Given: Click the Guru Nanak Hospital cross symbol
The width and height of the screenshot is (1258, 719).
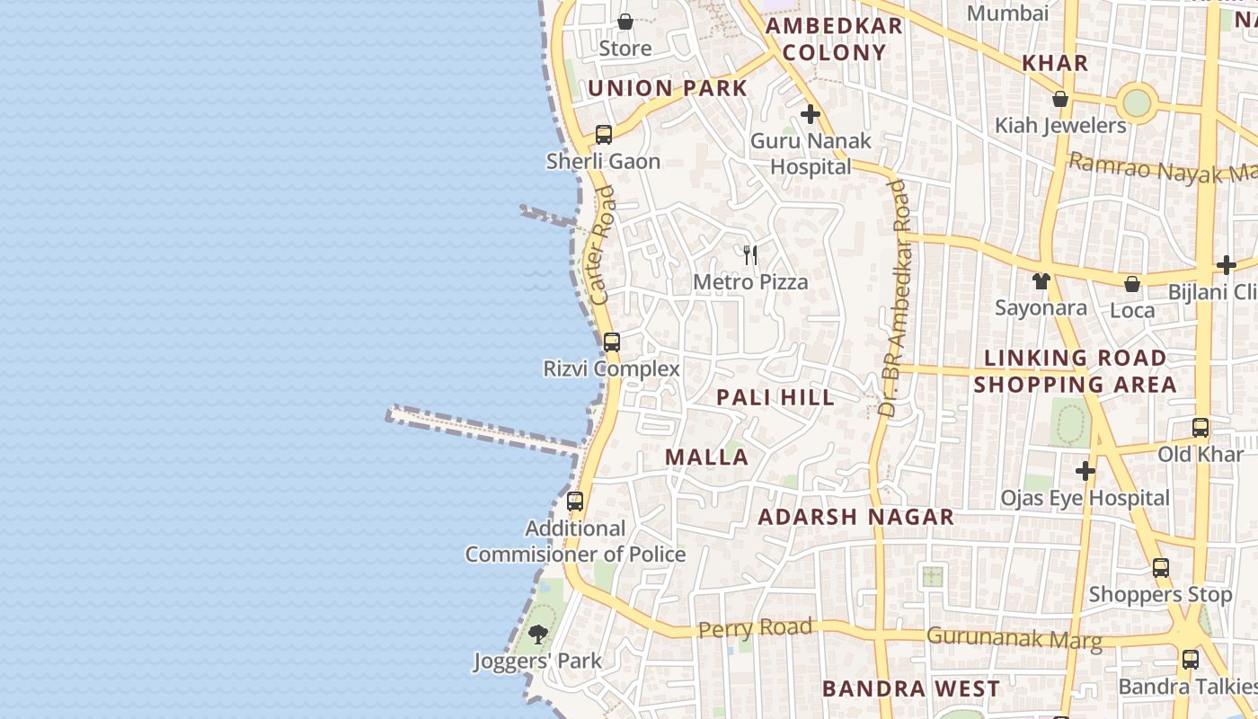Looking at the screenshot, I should (x=811, y=114).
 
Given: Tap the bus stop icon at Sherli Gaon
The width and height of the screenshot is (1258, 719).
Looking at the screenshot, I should (x=604, y=135).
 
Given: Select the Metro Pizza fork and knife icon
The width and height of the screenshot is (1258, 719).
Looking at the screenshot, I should (x=750, y=255).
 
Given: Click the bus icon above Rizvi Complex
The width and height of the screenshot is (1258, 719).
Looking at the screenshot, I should (x=612, y=342).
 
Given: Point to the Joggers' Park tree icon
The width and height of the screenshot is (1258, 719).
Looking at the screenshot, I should (x=538, y=635).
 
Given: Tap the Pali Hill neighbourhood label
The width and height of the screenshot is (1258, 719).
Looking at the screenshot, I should (x=775, y=397).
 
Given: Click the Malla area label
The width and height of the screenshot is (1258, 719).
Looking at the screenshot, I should (x=706, y=457).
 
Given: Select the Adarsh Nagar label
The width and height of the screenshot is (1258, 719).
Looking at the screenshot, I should (x=855, y=517).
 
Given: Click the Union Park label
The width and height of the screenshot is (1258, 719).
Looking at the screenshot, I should (x=668, y=88).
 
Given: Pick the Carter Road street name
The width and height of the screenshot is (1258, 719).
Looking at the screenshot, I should (x=602, y=244).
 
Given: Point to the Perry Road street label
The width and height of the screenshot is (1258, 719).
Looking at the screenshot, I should (x=755, y=627).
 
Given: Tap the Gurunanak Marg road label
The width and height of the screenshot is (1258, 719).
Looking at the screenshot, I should (x=1014, y=637).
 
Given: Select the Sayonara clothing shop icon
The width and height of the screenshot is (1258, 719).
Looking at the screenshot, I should (x=1041, y=281).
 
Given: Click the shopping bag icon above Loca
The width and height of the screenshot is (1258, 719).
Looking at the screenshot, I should (x=1132, y=284).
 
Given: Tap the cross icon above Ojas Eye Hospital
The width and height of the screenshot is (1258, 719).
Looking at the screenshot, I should (x=1085, y=471).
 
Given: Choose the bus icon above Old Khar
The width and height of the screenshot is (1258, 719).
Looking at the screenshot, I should (x=1200, y=428).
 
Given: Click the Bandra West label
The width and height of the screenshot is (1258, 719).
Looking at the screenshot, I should (x=910, y=689).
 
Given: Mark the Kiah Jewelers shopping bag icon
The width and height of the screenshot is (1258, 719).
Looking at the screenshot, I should (x=1060, y=99).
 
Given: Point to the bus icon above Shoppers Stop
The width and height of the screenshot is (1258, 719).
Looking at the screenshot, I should (x=1161, y=568).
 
